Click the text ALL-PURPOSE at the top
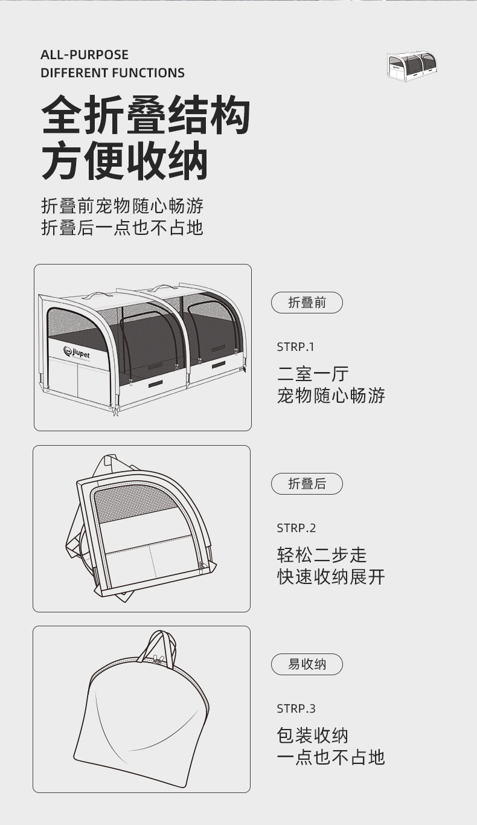(x=85, y=55)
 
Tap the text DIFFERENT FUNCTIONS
(x=112, y=73)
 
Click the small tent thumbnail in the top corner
(x=411, y=65)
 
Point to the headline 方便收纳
(x=124, y=161)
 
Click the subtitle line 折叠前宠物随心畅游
(x=123, y=206)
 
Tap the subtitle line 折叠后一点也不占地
(x=123, y=228)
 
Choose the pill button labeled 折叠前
(x=307, y=303)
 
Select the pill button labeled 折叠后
(x=307, y=484)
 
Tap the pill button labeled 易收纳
(x=307, y=664)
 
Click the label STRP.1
(x=296, y=347)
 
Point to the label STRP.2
(x=296, y=528)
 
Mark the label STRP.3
(x=296, y=708)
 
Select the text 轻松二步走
(x=322, y=554)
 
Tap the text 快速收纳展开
(x=331, y=576)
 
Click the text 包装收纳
(x=313, y=736)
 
